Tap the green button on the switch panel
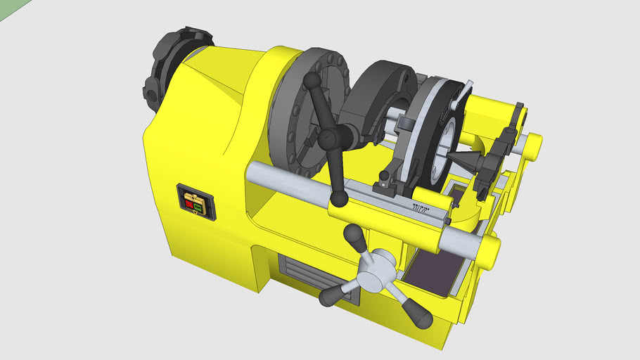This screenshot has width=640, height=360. (199, 207)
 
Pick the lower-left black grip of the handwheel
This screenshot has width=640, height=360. (331, 297)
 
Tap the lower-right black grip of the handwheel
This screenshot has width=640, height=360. (420, 318)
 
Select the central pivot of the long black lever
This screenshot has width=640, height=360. (328, 140)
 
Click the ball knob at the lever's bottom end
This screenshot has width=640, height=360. (339, 200)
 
